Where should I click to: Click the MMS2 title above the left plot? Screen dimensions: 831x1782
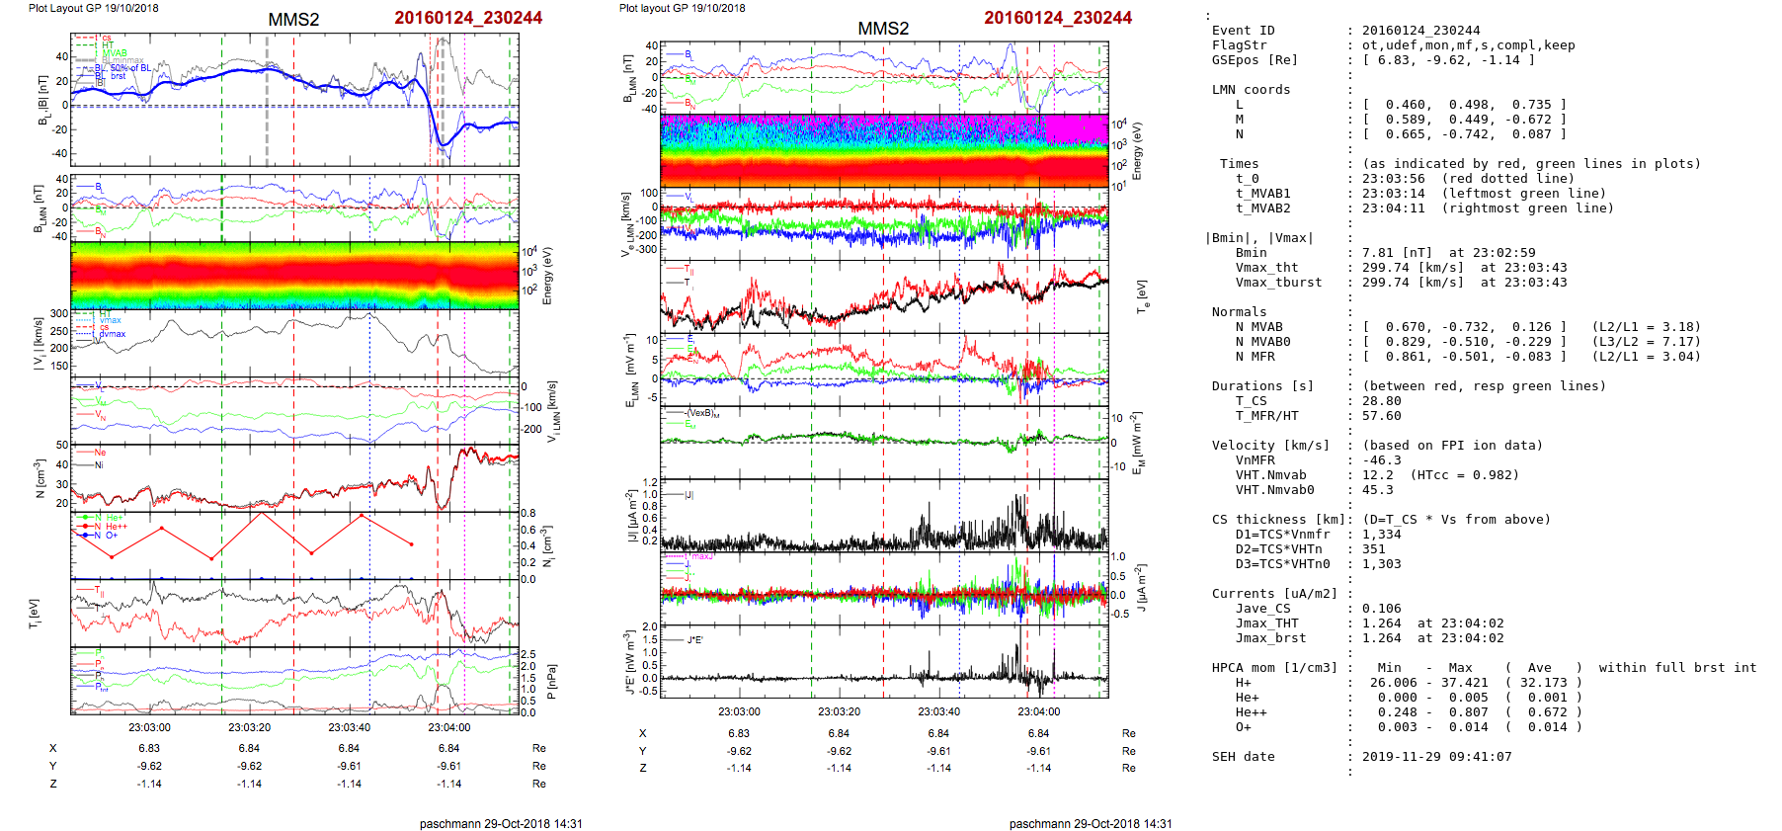pos(293,20)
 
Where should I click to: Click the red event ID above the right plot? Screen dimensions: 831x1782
pos(1057,18)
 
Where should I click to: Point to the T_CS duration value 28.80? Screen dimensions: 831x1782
pos(1381,401)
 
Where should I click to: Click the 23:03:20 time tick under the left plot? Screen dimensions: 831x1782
pos(249,727)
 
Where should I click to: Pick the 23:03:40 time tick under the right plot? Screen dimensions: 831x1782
pos(938,711)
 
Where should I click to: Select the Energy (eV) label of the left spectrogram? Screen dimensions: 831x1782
pos(548,276)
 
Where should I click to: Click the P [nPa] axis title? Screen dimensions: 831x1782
pos(550,682)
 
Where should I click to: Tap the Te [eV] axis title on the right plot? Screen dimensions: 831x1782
pos(1143,294)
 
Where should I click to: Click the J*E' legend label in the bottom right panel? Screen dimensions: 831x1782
pos(694,640)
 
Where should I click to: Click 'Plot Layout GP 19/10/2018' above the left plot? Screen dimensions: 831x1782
pos(93,8)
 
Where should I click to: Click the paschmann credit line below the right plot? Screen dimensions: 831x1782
pos(1090,823)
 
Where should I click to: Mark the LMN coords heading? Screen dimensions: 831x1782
pos(1251,90)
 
